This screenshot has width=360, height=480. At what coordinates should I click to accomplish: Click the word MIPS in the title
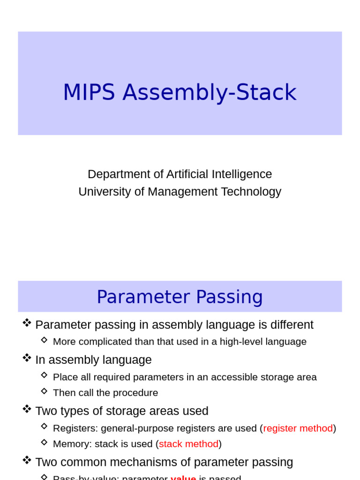[89, 92]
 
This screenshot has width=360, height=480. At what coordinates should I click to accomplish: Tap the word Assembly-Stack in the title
[210, 92]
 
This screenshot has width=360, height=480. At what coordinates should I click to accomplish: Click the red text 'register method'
[298, 428]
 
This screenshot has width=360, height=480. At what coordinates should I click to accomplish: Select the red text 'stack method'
[188, 444]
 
